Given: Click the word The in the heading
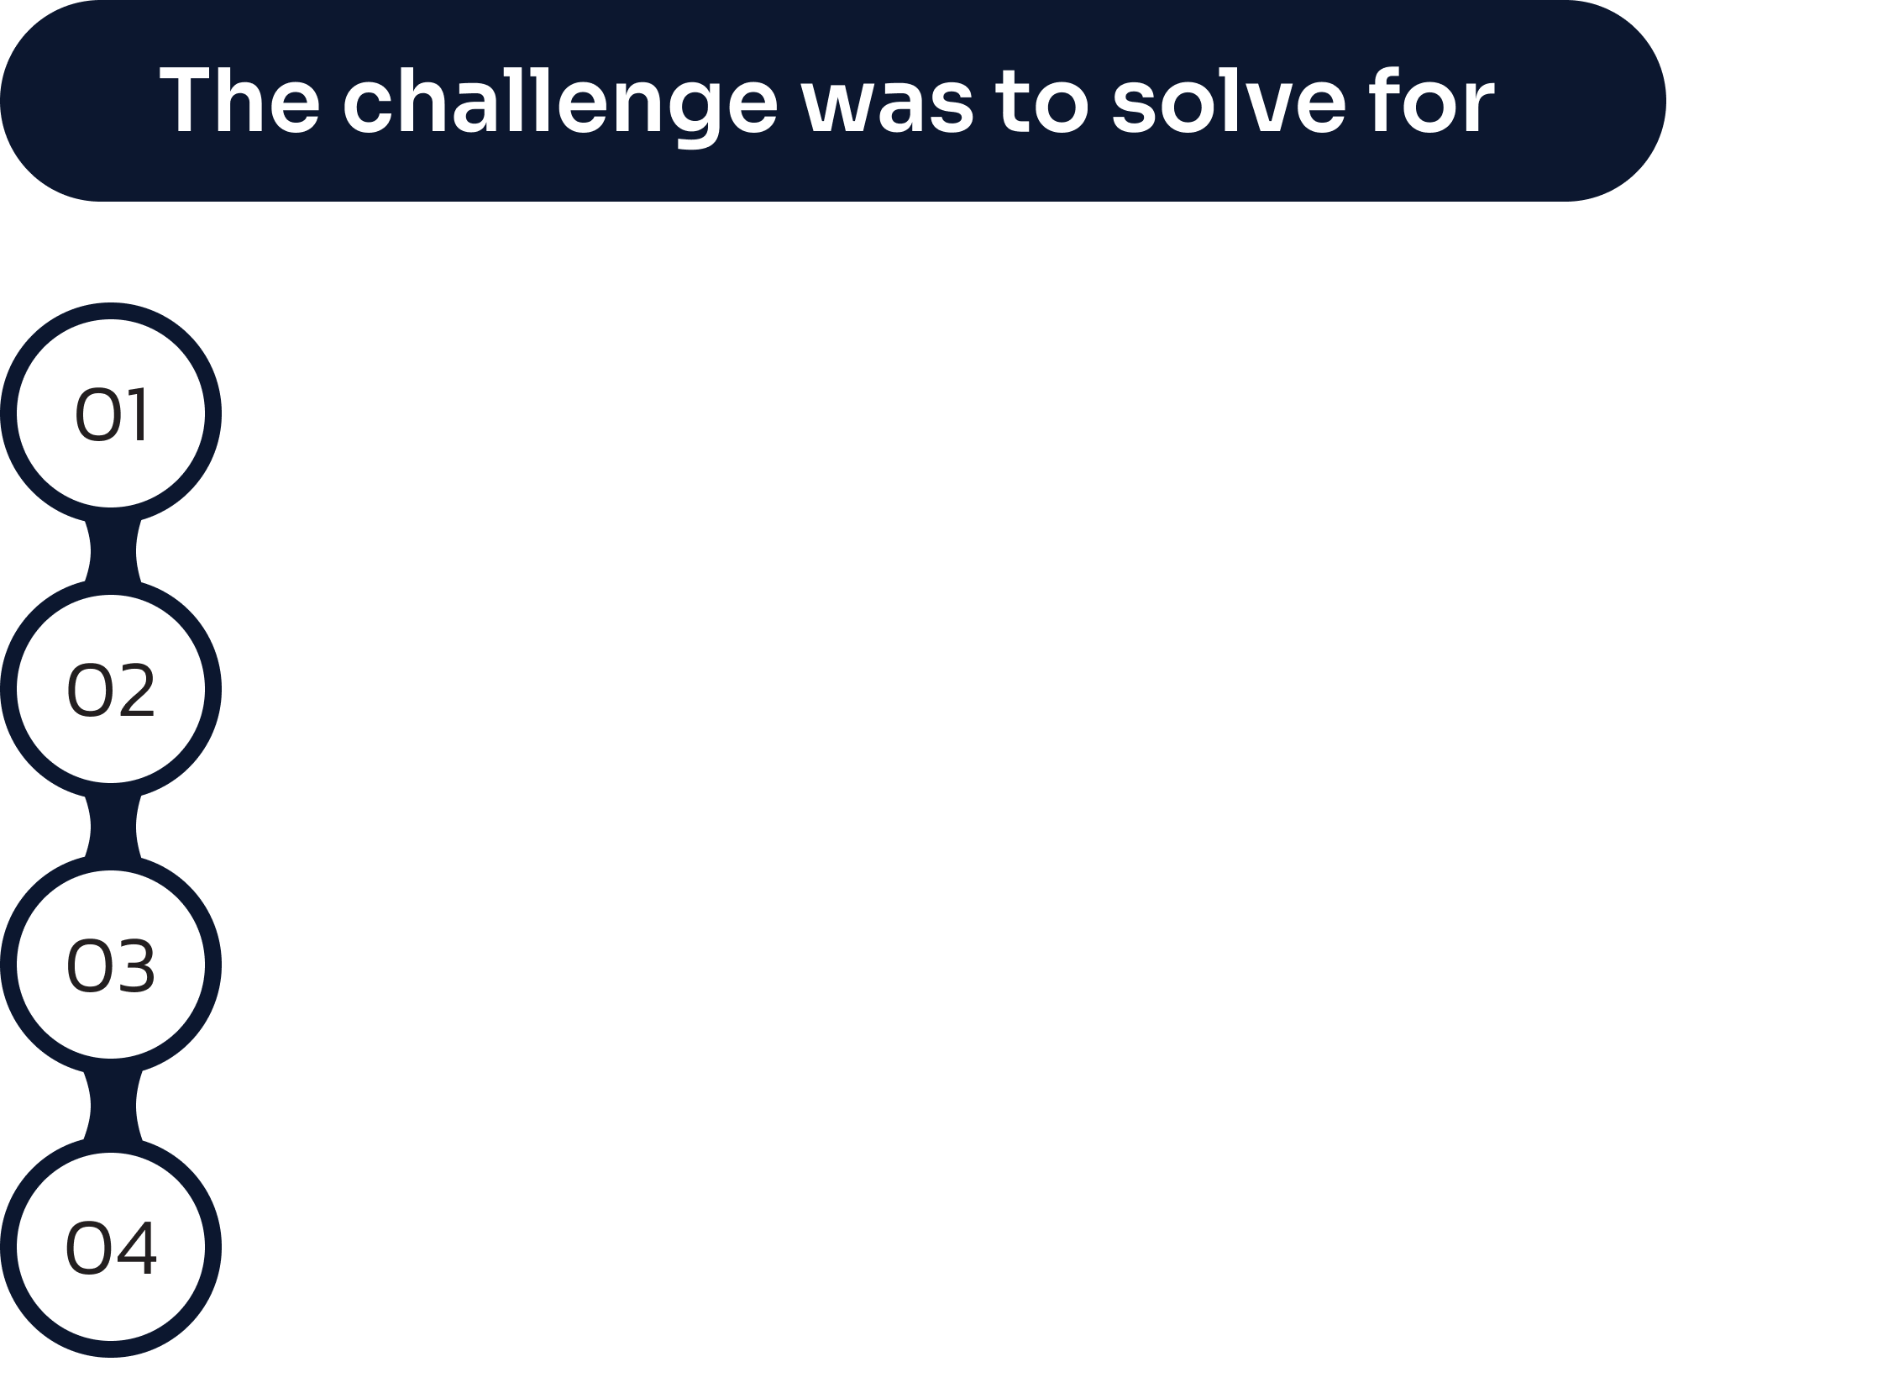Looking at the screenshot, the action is (239, 101).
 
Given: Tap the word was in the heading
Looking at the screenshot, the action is (886, 110).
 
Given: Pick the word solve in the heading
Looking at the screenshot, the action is (1230, 101).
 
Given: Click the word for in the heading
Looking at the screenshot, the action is (1430, 100).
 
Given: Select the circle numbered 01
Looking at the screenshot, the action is (111, 413).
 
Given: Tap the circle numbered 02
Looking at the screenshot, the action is (111, 689).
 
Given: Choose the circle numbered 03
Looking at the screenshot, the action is (111, 965).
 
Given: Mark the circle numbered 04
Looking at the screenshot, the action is (111, 1247).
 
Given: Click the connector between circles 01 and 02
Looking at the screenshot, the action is (113, 551).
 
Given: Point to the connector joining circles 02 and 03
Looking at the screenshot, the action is (113, 827).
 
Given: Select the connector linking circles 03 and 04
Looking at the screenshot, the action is (113, 1106).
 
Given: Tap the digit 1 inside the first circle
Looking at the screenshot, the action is (139, 414).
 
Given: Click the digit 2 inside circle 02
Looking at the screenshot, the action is (138, 690).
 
